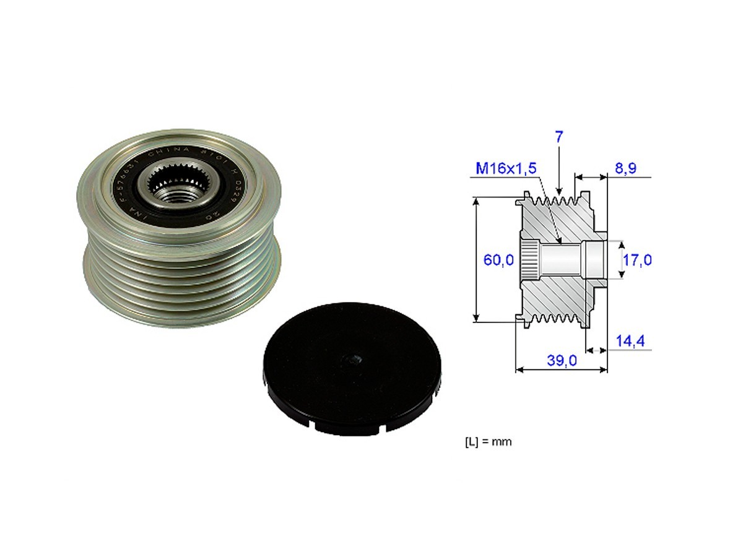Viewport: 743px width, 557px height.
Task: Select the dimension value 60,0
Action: tap(498, 261)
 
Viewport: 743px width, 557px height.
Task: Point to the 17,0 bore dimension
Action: tap(637, 261)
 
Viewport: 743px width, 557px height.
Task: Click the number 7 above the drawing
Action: tap(559, 137)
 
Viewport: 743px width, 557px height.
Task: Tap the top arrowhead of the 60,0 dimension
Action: tap(476, 202)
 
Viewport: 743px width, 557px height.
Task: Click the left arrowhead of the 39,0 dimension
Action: tap(519, 370)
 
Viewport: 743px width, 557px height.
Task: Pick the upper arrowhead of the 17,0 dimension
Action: tap(623, 244)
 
